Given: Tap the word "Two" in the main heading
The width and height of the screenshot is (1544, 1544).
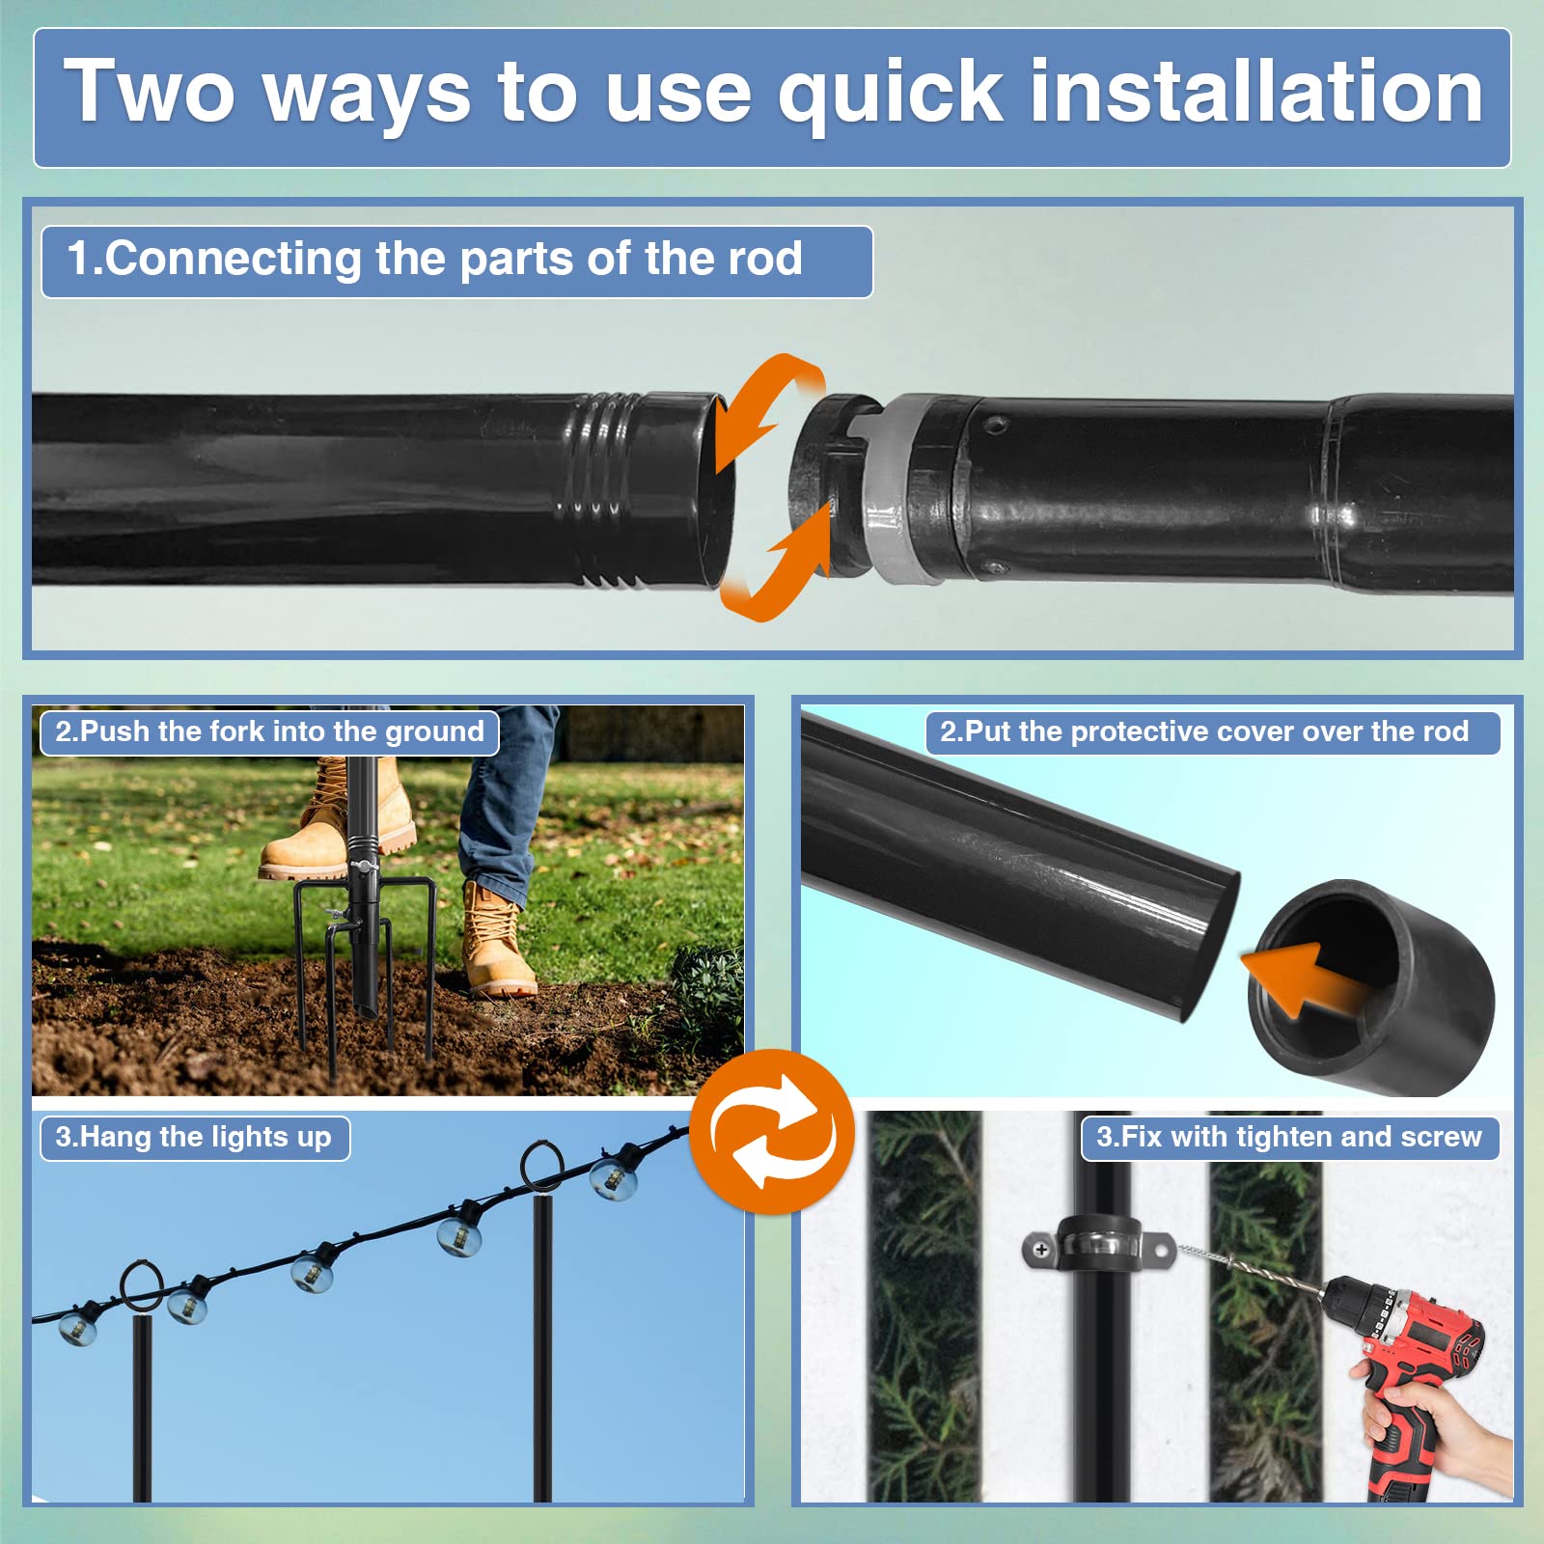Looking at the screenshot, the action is (150, 92).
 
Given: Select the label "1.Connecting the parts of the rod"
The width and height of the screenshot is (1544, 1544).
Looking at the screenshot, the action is (435, 259).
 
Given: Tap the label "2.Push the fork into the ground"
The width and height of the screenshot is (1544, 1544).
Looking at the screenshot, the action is (269, 731).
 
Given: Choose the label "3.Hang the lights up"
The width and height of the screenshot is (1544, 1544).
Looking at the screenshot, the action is (193, 1137).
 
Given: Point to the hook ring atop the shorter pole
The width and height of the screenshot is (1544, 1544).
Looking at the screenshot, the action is (142, 1284).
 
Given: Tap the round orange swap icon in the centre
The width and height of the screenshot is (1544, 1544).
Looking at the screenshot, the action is (772, 1131).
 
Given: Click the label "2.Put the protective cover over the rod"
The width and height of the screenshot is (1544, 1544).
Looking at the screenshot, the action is (1204, 731).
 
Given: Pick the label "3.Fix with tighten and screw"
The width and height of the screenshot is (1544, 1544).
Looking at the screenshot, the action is (1289, 1137).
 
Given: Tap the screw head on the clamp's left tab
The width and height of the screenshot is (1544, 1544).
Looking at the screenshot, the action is (1041, 1250).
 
